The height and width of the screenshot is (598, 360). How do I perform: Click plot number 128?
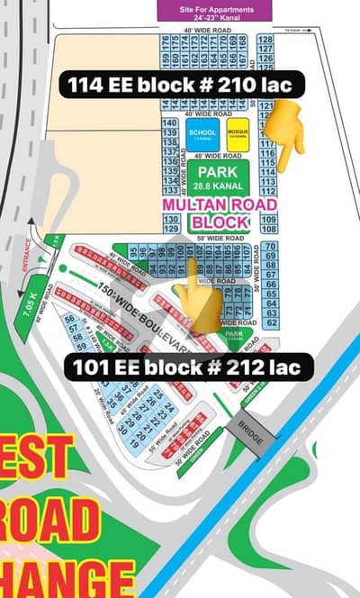[265, 41]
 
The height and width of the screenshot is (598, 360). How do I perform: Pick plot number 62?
[270, 322]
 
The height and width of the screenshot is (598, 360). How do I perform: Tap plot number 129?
[169, 229]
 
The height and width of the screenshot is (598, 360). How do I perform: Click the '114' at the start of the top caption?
[82, 86]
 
